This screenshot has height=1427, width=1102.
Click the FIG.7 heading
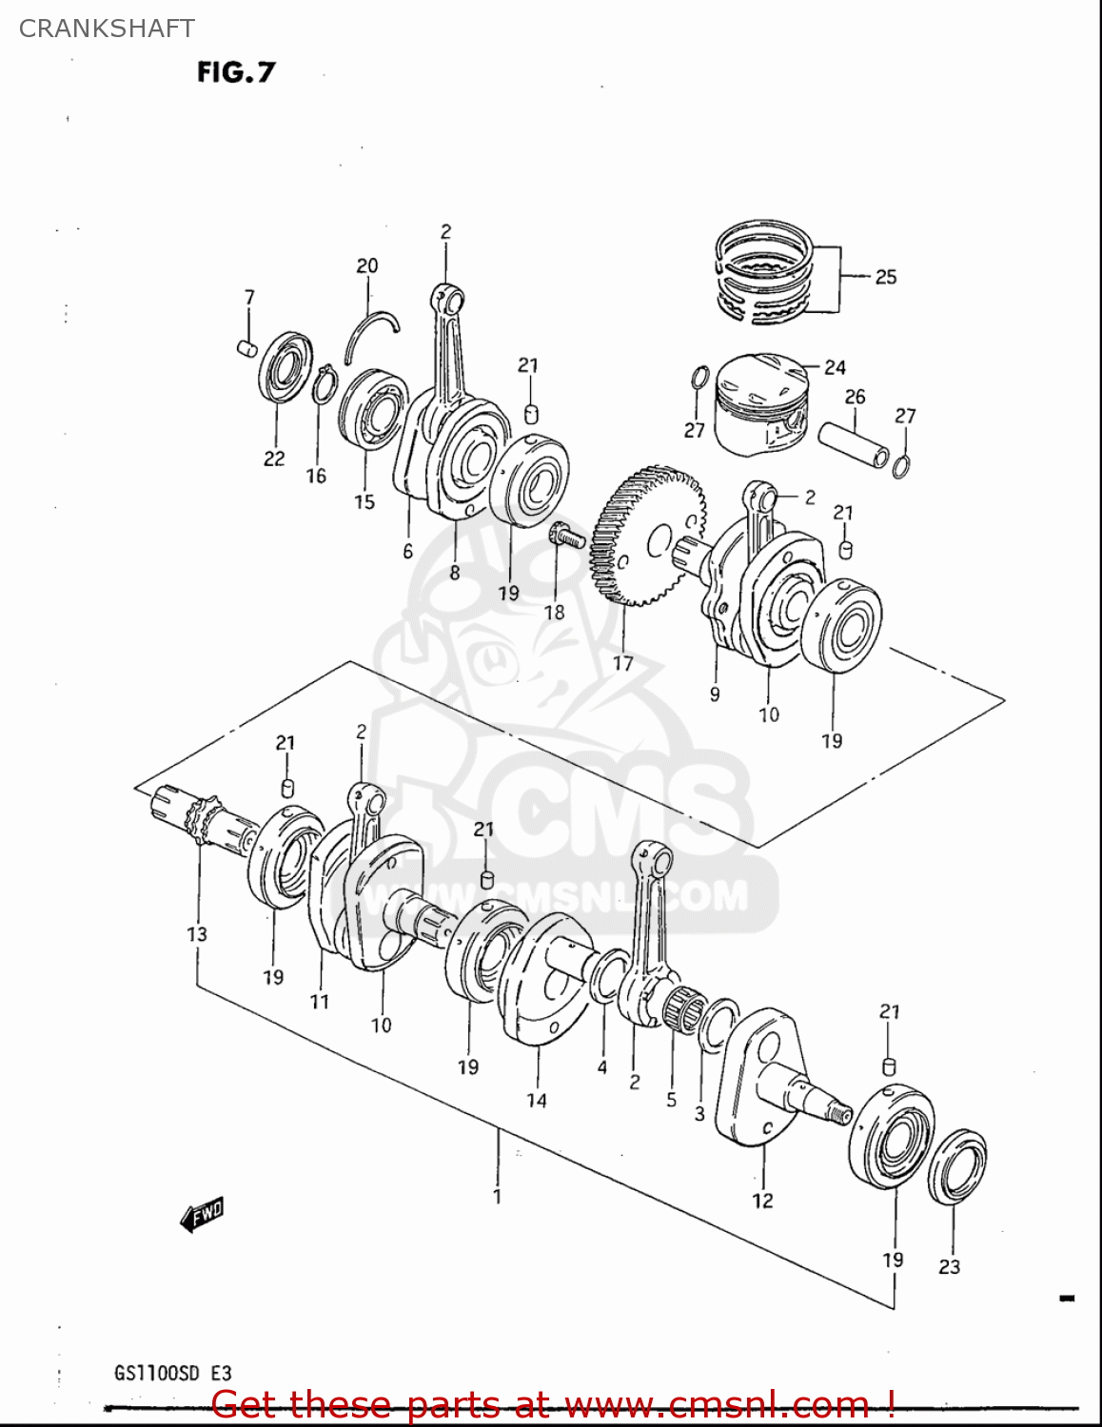(x=236, y=72)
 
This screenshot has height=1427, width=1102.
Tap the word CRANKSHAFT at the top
(x=107, y=29)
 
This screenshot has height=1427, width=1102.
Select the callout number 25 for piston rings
(x=885, y=277)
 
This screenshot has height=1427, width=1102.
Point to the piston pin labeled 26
(x=854, y=443)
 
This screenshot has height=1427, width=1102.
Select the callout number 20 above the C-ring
(x=366, y=266)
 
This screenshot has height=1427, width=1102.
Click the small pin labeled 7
(x=246, y=348)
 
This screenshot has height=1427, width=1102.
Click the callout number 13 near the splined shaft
(x=197, y=934)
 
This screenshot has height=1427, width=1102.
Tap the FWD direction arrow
(x=203, y=1214)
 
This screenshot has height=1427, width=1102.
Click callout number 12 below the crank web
(x=762, y=1201)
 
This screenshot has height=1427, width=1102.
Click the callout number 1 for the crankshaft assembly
(x=497, y=1196)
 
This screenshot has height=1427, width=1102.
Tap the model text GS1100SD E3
(x=172, y=1373)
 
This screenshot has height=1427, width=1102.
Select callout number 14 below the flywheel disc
(x=537, y=1101)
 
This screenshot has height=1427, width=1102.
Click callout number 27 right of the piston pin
(x=905, y=416)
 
